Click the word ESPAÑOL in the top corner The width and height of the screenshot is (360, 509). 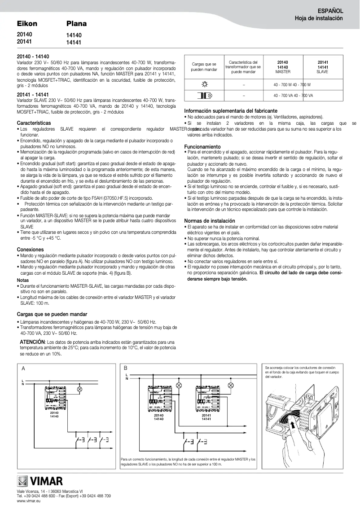coord(331,10)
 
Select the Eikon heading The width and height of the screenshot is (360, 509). coord(26,23)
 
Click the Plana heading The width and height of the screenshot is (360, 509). coord(76,23)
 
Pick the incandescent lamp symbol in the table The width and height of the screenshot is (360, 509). coord(204,84)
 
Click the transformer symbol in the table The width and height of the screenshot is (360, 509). coord(204,96)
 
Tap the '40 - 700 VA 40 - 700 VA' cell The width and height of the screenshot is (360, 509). coord(293,96)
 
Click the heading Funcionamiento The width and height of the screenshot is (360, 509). coord(202,147)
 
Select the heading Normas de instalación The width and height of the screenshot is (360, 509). coord(210,221)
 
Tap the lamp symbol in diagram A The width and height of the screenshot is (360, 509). coord(79,390)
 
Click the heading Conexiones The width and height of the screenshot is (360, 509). coord(30,249)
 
